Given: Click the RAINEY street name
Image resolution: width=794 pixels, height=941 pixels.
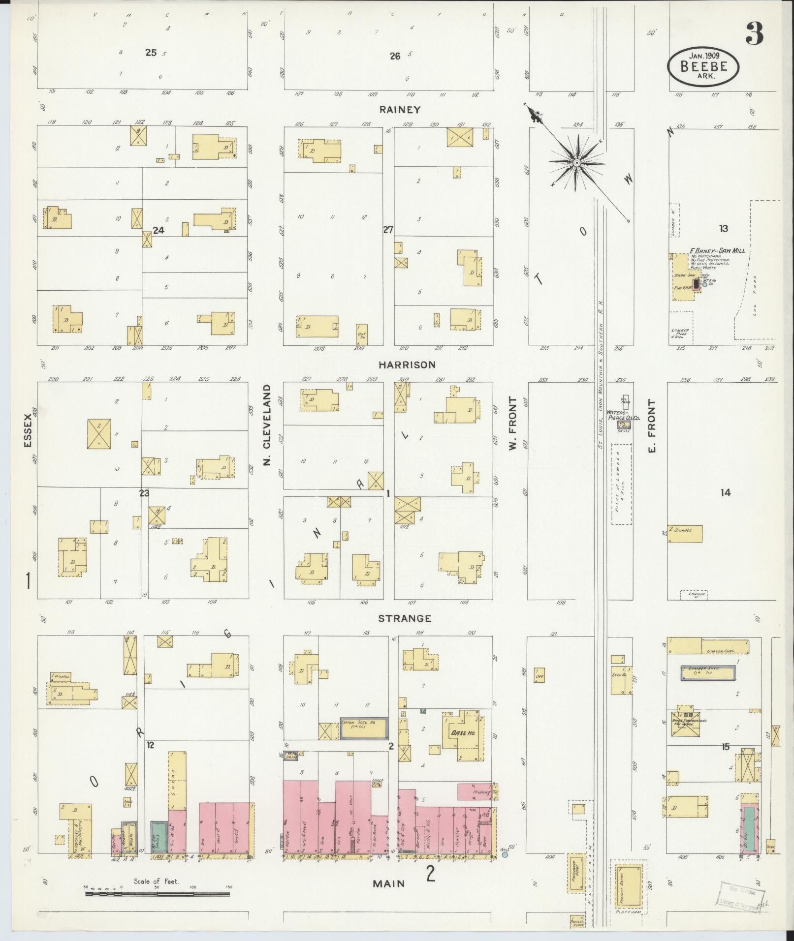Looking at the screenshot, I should click(400, 109).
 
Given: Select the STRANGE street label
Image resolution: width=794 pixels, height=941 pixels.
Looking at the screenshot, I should click(405, 618).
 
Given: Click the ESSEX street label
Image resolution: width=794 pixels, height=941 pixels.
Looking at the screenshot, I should click(28, 430).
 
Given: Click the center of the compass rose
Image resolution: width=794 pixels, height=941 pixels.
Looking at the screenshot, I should click(576, 162).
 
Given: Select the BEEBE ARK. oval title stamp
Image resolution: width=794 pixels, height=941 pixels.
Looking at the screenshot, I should click(703, 64).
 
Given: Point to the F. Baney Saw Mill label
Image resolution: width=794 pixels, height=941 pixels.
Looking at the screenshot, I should click(717, 250).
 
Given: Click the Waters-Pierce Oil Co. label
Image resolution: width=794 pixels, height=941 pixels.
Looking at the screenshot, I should click(623, 415).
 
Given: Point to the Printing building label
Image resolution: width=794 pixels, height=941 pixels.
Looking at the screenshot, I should click(481, 792).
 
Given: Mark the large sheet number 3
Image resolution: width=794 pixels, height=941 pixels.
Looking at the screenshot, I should click(754, 34).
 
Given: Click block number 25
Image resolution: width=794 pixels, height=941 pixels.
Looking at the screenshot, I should click(151, 52).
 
